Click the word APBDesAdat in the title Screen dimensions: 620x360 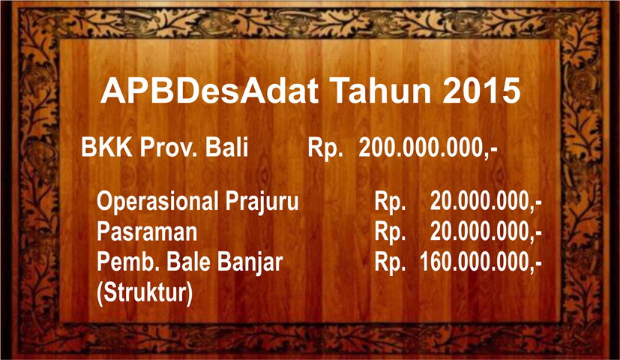coord(210,91)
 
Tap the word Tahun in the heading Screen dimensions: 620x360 coord(382,91)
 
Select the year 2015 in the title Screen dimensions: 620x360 coord(481,91)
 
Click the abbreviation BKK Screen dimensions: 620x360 coord(106,147)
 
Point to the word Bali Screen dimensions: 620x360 coord(226,147)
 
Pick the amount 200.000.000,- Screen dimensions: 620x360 coord(428,148)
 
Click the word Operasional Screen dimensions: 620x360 coord(157,202)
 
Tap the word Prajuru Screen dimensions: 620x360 coord(262,202)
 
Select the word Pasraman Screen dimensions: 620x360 coord(147,232)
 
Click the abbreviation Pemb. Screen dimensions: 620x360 coord(127,262)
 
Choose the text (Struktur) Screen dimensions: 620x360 coord(145,293)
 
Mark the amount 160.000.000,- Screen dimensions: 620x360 coord(481,262)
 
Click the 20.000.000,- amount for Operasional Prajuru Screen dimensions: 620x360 coord(486,202)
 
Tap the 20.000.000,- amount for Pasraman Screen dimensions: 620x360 coord(486,232)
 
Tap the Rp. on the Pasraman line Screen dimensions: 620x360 coord(390,232)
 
